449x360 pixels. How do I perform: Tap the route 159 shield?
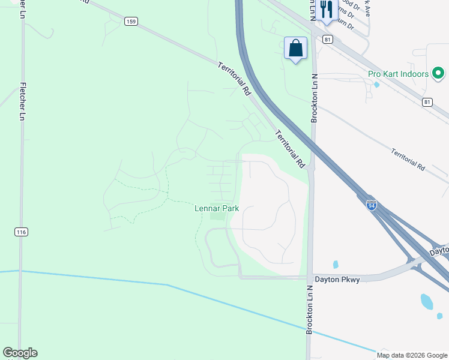tap(131, 21)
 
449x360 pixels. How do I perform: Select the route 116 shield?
tap(22, 232)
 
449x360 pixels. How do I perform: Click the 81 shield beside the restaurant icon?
tap(327, 39)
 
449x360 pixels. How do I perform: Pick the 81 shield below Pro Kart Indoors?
tap(427, 102)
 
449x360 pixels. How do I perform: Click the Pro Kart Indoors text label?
tap(398, 74)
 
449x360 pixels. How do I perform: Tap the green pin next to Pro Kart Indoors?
tap(439, 74)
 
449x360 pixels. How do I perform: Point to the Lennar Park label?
tap(217, 208)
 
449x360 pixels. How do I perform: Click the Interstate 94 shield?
tap(372, 205)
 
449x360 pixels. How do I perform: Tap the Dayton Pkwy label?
tap(336, 279)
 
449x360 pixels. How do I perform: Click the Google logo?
tap(20, 353)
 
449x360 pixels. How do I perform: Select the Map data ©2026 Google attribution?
tap(412, 355)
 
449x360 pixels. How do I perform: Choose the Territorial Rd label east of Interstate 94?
tap(408, 160)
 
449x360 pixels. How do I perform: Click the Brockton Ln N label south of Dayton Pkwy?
tap(310, 311)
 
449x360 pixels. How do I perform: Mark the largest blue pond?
tap(427, 301)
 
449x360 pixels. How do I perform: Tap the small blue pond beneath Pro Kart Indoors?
tap(376, 85)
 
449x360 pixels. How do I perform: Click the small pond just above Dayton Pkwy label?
tap(335, 264)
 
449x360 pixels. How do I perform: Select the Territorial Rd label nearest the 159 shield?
tap(234, 80)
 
